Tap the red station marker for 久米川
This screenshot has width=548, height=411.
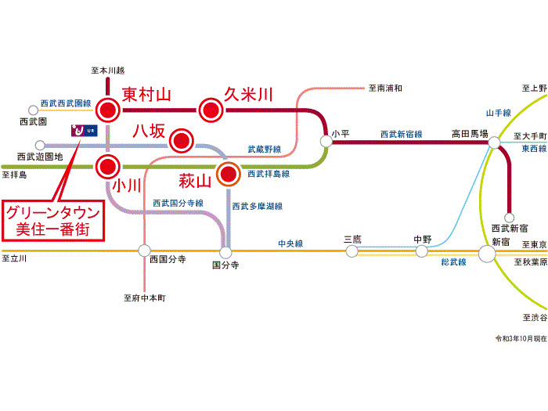[210, 110]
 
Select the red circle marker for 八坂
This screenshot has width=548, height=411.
[182, 142]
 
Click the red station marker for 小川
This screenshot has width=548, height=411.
[107, 166]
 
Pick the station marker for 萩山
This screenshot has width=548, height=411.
[229, 173]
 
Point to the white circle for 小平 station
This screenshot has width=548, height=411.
[326, 141]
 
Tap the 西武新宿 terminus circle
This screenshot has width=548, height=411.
[509, 218]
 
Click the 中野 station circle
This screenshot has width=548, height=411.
[422, 251]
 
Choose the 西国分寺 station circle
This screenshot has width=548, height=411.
[143, 251]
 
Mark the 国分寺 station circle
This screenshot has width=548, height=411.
[225, 252]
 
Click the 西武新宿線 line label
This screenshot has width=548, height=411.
[401, 135]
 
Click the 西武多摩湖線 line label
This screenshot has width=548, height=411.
[257, 206]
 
